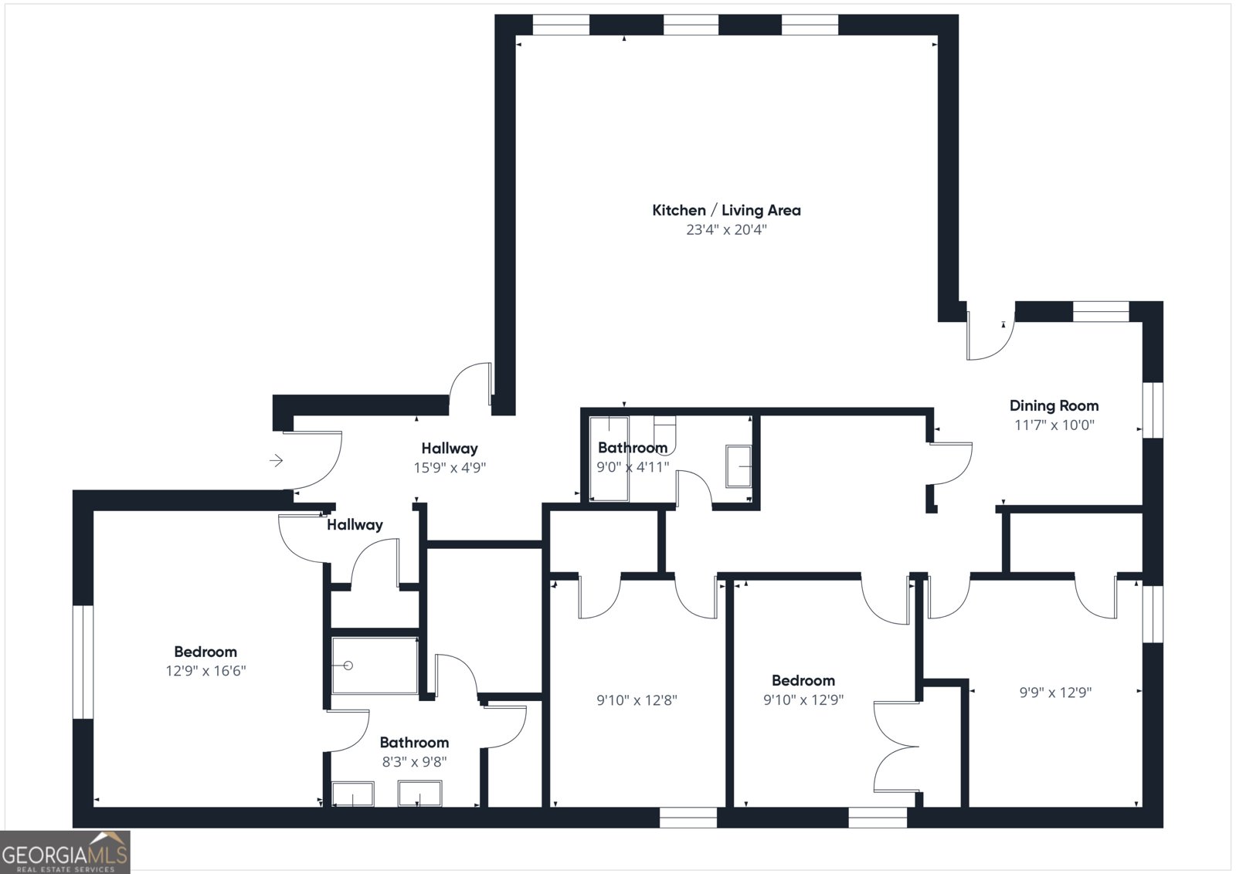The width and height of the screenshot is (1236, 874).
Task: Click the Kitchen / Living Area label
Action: pos(726,210)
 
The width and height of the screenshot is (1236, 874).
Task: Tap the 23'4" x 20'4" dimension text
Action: pos(726,230)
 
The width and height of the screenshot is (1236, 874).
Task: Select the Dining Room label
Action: pos(1054,405)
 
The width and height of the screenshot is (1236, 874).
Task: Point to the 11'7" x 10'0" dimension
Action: pos(1054,425)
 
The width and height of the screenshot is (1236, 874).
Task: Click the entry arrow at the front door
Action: pos(276,461)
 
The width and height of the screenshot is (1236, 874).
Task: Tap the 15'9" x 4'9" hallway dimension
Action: pos(450,467)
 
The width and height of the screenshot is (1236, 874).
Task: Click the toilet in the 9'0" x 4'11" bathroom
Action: pos(664,432)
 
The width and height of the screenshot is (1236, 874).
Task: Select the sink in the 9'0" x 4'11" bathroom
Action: pos(739,466)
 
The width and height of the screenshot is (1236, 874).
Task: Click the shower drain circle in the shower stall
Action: pos(348,666)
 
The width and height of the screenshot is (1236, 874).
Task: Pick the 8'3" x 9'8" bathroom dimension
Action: pos(414,762)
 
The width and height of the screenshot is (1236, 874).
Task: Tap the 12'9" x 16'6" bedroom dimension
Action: pos(205,671)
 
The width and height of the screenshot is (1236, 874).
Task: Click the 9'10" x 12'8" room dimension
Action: pos(637,700)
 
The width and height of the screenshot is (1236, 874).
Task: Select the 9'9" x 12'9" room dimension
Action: pos(1054,693)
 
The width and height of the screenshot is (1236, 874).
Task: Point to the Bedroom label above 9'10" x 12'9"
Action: pos(803,680)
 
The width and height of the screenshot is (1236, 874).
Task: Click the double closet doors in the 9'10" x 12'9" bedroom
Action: pos(896,747)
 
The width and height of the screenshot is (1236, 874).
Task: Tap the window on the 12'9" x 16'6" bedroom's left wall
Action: pos(83,662)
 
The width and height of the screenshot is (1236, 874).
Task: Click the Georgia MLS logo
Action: pos(65,852)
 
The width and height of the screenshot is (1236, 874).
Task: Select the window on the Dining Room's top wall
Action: pos(1101,311)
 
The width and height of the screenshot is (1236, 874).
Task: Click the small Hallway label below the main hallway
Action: pos(355,525)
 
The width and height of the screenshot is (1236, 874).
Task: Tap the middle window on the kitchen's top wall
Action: pos(691,25)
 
